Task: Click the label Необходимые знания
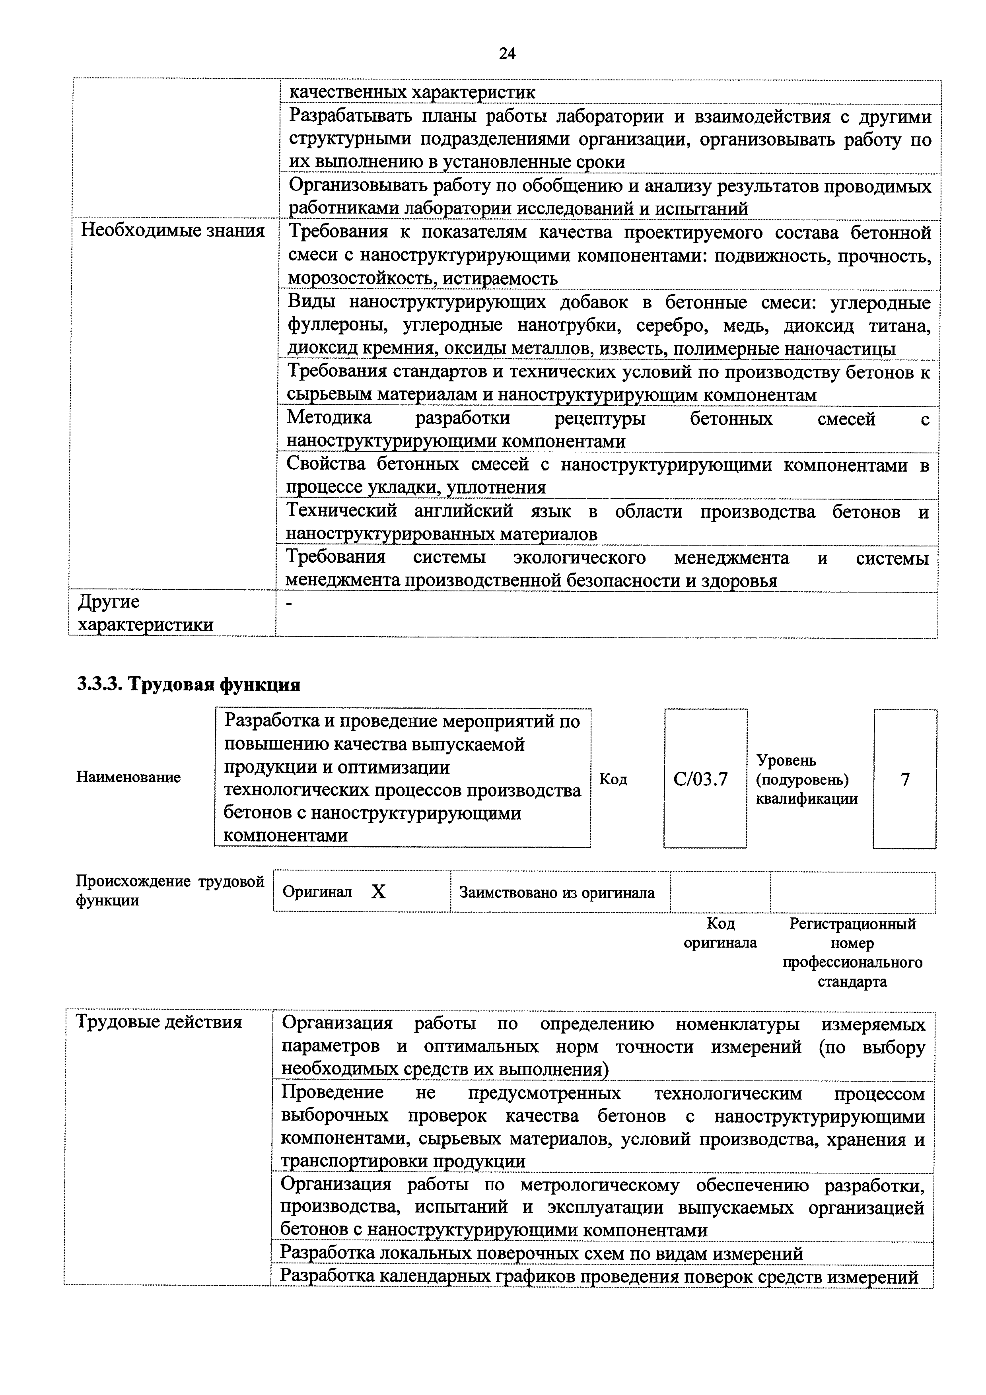click(173, 231)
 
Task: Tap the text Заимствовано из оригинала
click(557, 892)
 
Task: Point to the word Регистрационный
click(852, 924)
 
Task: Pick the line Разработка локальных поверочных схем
click(541, 1253)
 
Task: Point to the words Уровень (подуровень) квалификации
click(806, 779)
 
